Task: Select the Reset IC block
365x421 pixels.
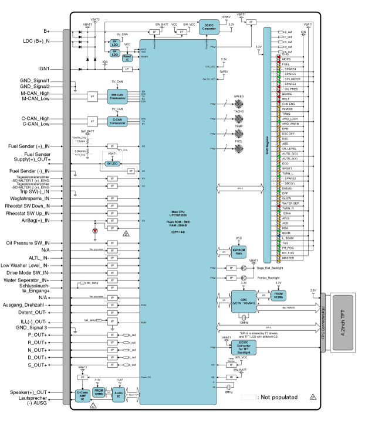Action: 127,57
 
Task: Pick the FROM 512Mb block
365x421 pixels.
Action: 279,295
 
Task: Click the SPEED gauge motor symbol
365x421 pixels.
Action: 239,104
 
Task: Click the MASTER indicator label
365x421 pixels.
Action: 289,258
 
